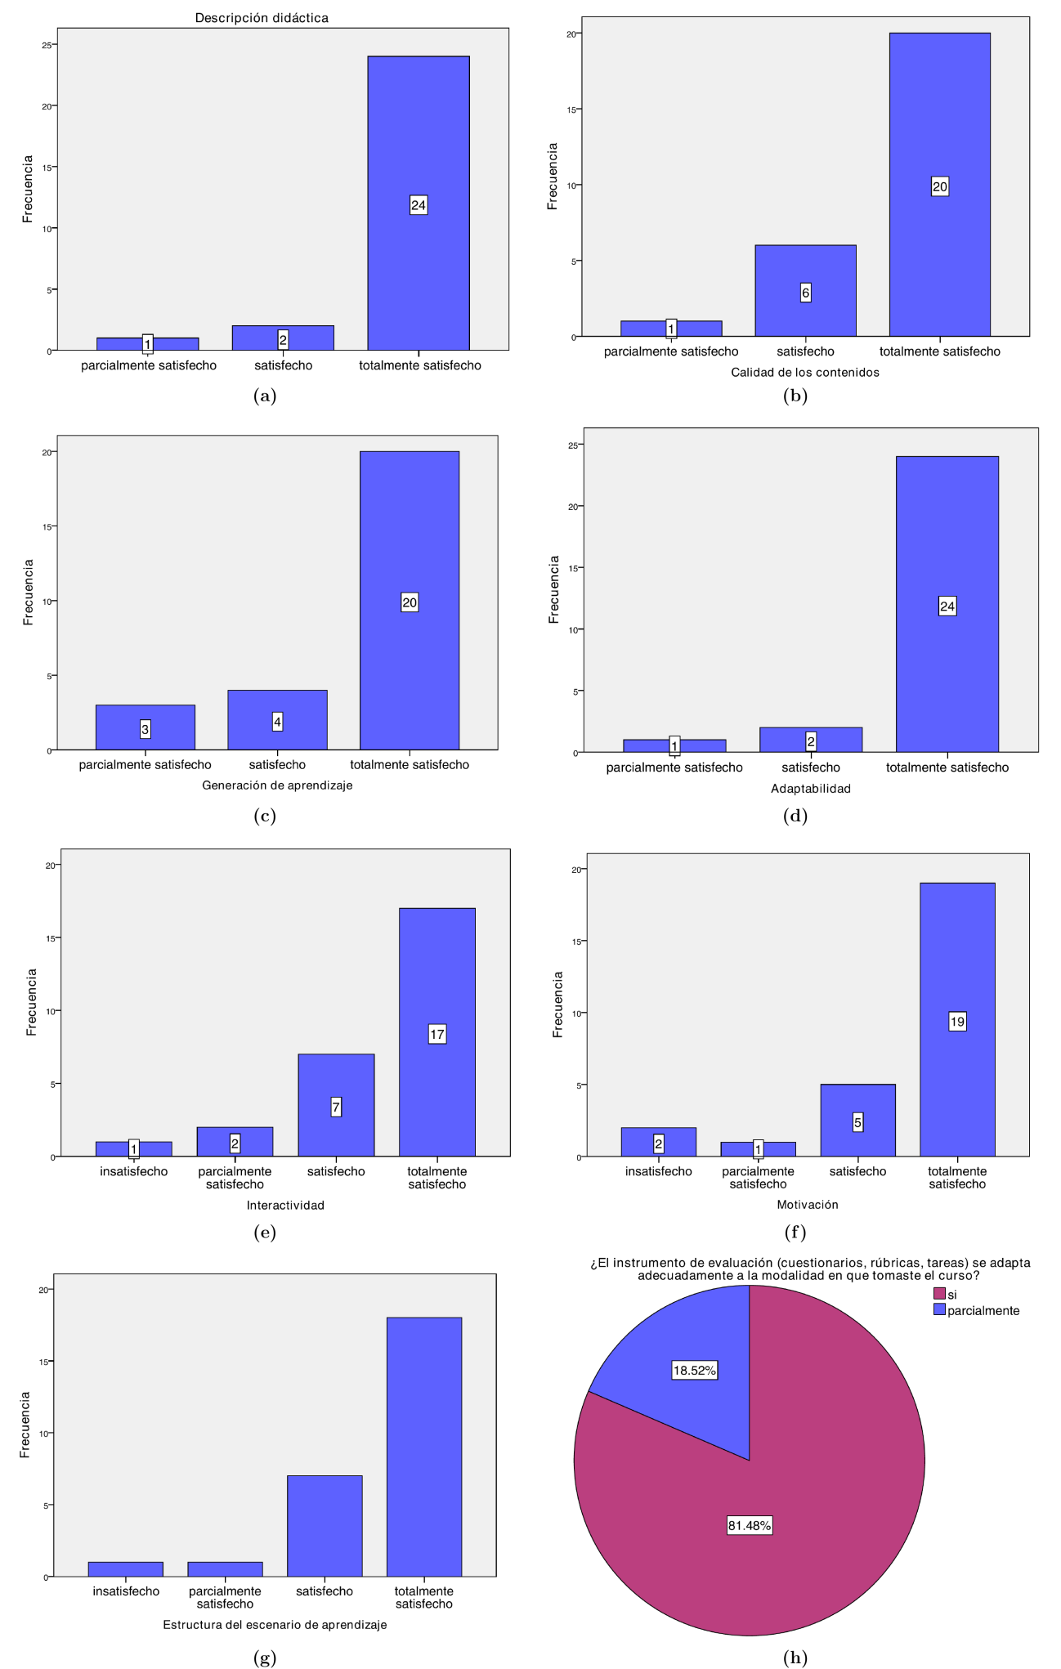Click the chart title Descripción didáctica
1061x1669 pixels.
coord(262,18)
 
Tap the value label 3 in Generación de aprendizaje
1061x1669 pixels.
coord(145,729)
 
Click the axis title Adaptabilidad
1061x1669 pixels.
coord(810,789)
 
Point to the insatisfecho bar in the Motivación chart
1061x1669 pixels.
coord(658,1142)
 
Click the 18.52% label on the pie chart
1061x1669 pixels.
coord(694,1370)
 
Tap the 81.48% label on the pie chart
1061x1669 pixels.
coord(750,1525)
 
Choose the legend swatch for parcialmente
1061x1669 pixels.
coord(940,1309)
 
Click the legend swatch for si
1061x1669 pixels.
coord(940,1294)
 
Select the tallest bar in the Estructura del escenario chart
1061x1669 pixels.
coord(423,1447)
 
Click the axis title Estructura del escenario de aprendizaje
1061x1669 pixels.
coord(275,1624)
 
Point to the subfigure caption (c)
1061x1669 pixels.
coord(265,816)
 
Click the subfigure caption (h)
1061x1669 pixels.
coord(795,1657)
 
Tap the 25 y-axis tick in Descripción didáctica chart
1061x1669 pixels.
coord(47,45)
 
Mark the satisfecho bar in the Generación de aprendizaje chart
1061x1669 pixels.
coord(277,720)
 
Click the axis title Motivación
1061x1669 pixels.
coord(807,1204)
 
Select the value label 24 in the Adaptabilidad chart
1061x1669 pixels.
coord(947,606)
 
